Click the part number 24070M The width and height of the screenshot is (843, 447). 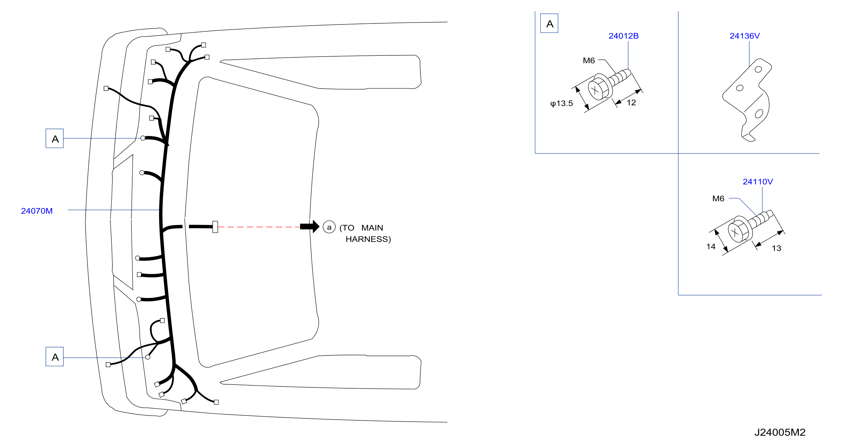[x=37, y=211]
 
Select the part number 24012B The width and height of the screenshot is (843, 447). [x=623, y=36]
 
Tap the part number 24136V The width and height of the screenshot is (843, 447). [x=744, y=36]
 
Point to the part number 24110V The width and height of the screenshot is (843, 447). [x=758, y=182]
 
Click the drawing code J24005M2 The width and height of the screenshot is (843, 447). [x=780, y=432]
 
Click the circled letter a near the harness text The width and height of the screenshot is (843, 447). [x=329, y=227]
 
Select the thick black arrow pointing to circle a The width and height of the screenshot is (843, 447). [x=310, y=227]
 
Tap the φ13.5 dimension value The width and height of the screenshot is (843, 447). [x=562, y=103]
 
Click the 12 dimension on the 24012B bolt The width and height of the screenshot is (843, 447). [x=631, y=103]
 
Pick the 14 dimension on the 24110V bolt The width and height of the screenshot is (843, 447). [x=711, y=246]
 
